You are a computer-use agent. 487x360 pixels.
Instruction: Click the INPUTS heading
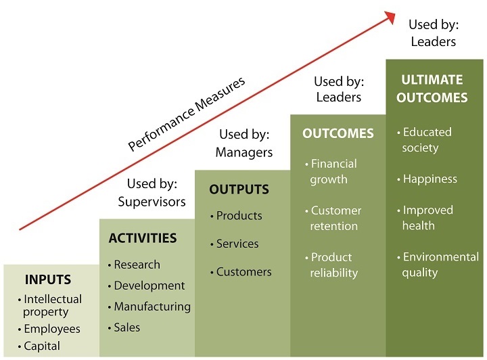click(47, 279)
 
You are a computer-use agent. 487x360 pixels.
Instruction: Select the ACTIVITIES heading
click(143, 238)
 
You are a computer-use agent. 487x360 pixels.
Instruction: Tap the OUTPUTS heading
click(239, 189)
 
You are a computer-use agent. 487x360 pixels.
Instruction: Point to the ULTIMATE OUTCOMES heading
click(432, 89)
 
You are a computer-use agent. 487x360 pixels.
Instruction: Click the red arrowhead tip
click(394, 14)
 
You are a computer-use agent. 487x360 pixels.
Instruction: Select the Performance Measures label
click(187, 114)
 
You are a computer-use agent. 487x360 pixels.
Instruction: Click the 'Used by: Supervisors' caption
click(152, 192)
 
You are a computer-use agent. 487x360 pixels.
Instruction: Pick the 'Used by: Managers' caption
click(243, 143)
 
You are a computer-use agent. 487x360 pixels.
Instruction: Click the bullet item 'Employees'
click(51, 329)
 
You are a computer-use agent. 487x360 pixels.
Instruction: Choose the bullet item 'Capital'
click(41, 346)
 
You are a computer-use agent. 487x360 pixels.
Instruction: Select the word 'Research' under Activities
click(137, 265)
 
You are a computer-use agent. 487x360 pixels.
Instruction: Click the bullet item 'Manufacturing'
click(152, 307)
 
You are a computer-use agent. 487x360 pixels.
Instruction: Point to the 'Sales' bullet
click(126, 328)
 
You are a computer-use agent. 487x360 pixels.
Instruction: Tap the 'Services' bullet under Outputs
click(237, 244)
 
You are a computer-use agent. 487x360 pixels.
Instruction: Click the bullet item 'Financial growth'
click(333, 171)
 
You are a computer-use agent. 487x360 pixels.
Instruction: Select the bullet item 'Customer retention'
click(335, 218)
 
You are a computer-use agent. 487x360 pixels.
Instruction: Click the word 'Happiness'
click(430, 179)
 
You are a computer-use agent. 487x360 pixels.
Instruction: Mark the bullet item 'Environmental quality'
click(440, 265)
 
